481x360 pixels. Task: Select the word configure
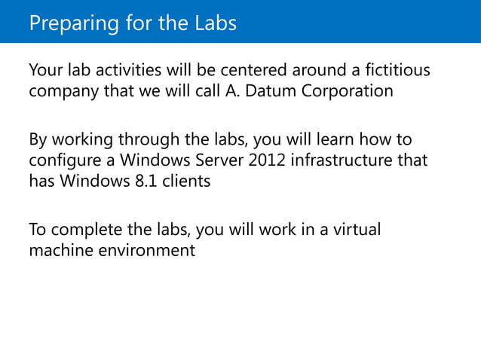tap(63, 161)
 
